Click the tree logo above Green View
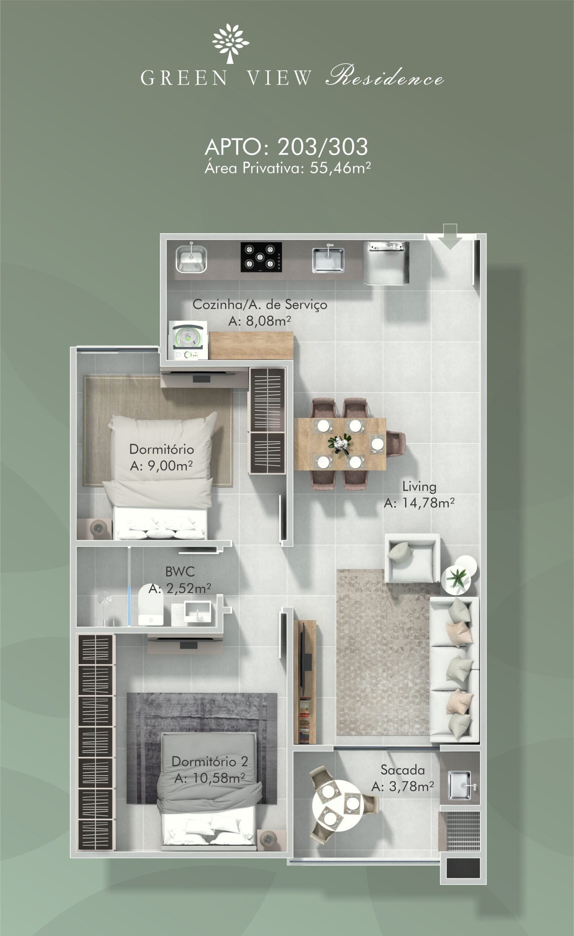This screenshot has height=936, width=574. pos(230,43)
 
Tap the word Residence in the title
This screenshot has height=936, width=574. pos(385,76)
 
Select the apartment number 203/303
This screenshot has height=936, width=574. pos(322,147)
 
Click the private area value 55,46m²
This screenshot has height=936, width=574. pos(340,167)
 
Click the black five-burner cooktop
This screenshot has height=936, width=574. pos(261,257)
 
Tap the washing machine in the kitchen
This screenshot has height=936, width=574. pos(188,340)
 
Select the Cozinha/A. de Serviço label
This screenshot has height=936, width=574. pos(260,305)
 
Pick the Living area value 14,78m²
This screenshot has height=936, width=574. pos(428,503)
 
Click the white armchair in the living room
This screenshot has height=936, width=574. pos(412,558)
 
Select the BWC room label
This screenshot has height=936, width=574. pos(180,572)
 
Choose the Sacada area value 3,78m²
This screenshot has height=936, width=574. pos(411,786)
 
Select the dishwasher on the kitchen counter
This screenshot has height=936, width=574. pos(386,263)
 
